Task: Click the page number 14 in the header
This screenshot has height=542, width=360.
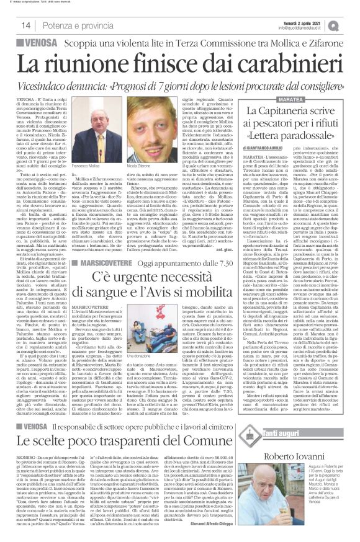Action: pyautogui.click(x=27, y=24)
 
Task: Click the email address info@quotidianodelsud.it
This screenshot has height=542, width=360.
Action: pyautogui.click(x=306, y=28)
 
